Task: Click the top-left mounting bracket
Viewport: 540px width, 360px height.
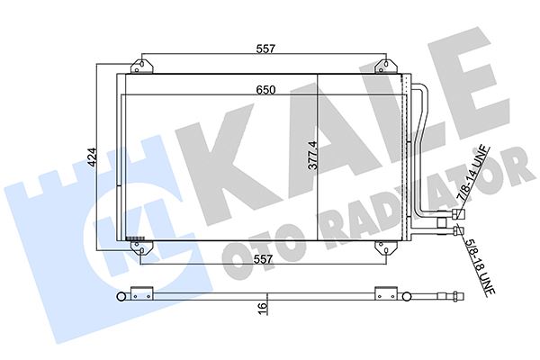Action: (x=140, y=67)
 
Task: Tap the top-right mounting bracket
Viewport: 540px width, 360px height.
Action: (x=386, y=67)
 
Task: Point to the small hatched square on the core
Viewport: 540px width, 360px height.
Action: (x=132, y=238)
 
